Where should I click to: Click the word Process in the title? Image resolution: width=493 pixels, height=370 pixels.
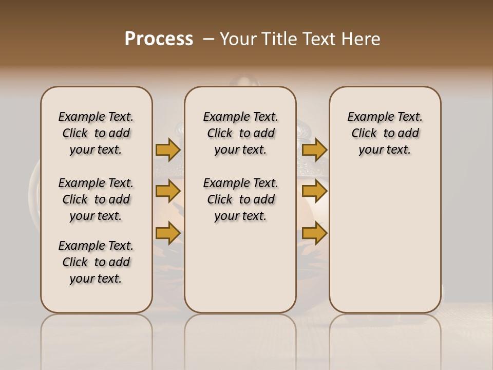(159, 39)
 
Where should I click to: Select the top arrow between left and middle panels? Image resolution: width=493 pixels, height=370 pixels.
(168, 150)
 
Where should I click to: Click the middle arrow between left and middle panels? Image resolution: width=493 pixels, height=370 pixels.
(168, 191)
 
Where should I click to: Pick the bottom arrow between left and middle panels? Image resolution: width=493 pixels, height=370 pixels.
(168, 233)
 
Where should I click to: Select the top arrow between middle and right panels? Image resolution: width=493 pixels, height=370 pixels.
(314, 150)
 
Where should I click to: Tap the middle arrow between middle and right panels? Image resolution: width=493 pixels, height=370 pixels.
(314, 191)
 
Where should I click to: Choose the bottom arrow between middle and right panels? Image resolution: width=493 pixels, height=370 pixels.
(314, 233)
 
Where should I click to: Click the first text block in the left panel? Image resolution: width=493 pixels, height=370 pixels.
(96, 133)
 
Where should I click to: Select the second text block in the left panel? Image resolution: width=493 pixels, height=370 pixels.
(96, 199)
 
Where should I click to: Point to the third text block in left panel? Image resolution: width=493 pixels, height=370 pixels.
(96, 262)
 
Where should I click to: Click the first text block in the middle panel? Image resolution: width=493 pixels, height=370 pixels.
(240, 133)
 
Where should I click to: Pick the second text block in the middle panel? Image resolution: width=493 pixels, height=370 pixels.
(240, 199)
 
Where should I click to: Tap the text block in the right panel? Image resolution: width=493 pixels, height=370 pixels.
(385, 133)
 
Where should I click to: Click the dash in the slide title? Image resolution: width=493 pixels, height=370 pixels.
(208, 39)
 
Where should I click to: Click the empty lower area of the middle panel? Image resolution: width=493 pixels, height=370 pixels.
(240, 267)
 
